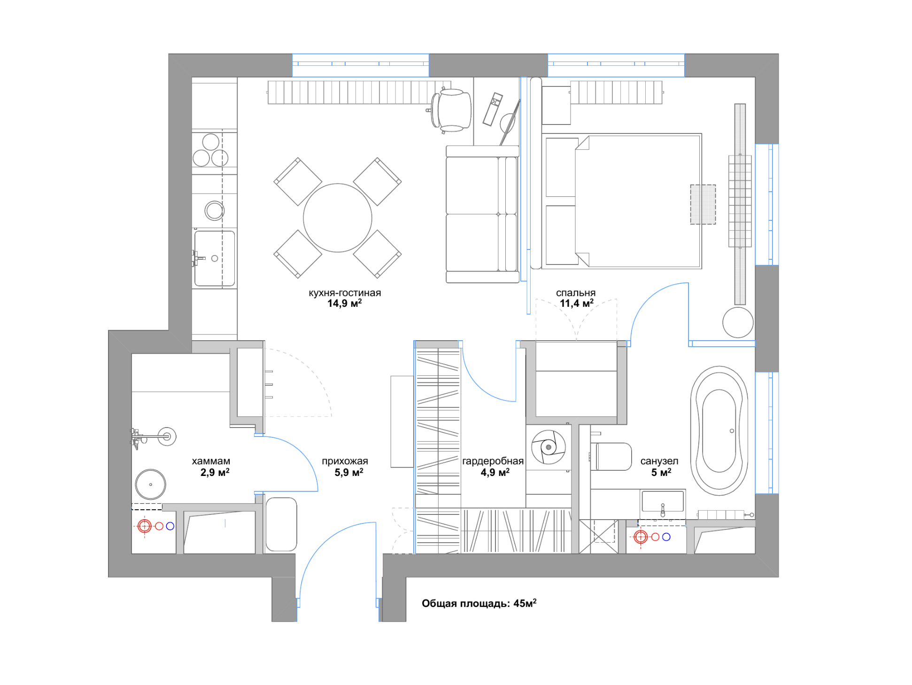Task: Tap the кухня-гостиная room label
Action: point(345,293)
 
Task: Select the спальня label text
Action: point(576,293)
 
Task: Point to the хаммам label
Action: point(211,461)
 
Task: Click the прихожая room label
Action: point(345,461)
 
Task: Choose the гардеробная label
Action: point(493,461)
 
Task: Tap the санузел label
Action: point(659,461)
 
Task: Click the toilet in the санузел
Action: point(611,456)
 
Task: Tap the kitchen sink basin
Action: point(215,258)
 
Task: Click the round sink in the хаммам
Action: point(151,484)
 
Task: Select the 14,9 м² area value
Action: point(345,304)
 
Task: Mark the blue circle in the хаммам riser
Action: point(170,526)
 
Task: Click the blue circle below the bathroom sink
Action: point(666,537)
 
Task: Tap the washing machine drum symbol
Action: point(548,447)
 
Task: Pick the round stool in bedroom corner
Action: point(738,322)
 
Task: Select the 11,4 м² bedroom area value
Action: point(577,304)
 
